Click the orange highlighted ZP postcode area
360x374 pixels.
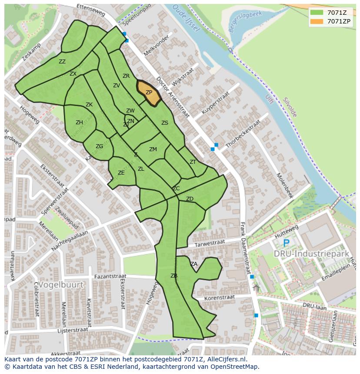tap(149, 92)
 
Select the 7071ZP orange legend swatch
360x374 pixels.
tap(317, 21)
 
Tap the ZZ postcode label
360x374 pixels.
tap(62, 62)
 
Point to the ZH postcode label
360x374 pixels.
tap(79, 122)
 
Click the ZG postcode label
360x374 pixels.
tap(100, 146)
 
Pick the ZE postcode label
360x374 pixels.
tap(121, 173)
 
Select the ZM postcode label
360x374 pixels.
tap(153, 149)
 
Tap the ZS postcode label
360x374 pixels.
tap(165, 123)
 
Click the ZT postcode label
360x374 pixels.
tap(193, 162)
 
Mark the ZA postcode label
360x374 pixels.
tap(194, 264)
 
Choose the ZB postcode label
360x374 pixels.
tap(174, 276)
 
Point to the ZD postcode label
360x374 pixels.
tap(190, 199)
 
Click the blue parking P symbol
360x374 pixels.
tap(286, 243)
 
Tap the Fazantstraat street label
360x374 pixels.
tap(110, 276)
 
